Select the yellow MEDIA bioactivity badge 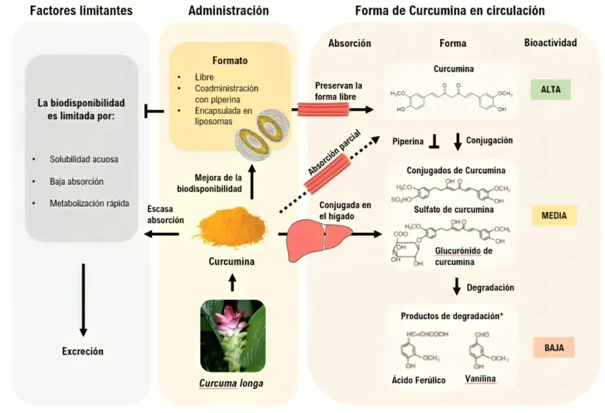(x=554, y=216)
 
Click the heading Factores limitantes (x=81, y=11)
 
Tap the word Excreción (x=83, y=352)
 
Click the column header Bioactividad (x=550, y=43)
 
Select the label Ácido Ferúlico (x=419, y=380)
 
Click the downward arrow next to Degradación (x=456, y=287)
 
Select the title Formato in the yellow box (x=230, y=61)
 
